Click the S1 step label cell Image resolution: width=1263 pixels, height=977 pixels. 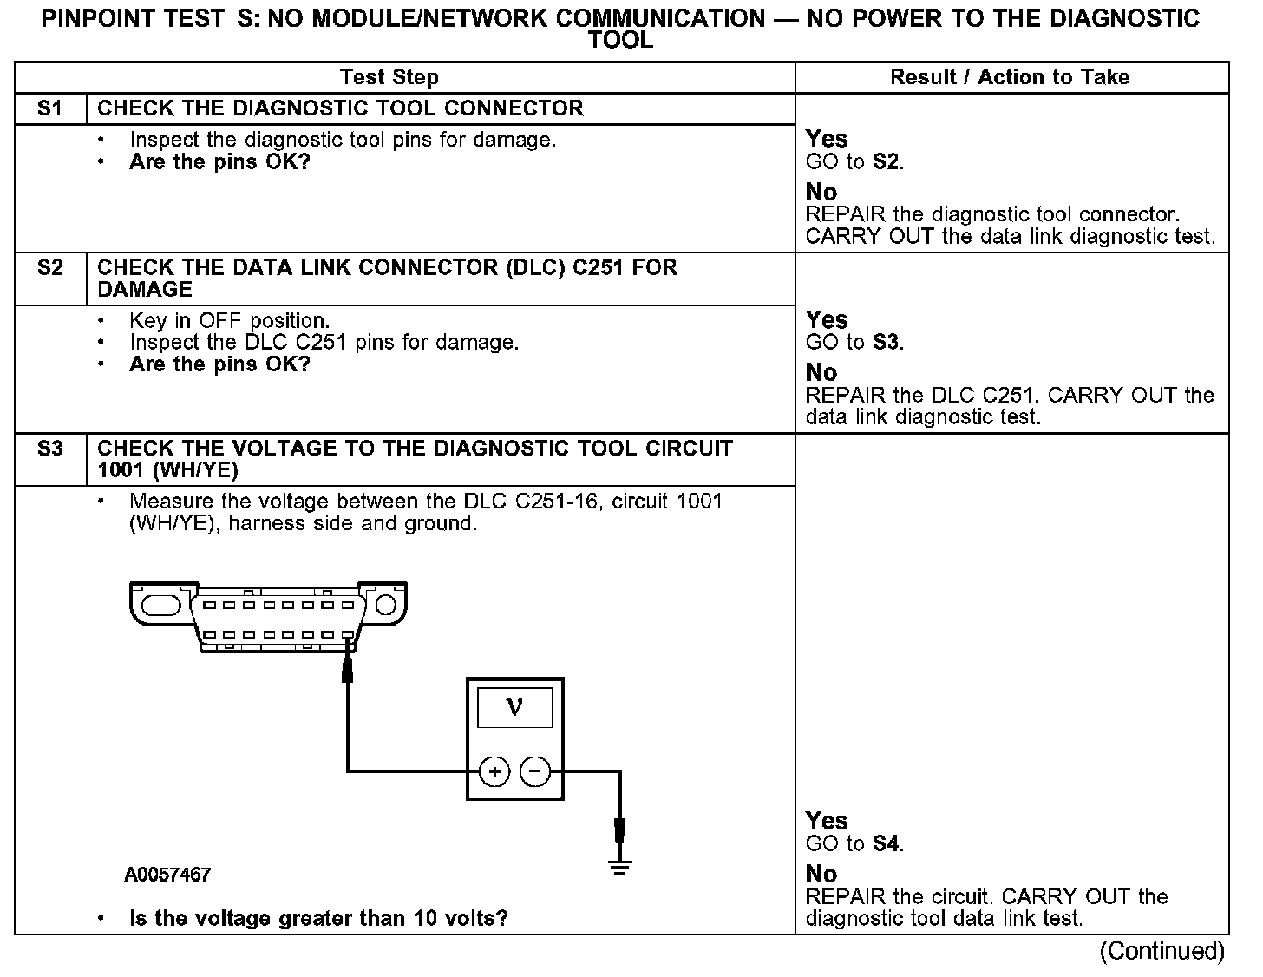coord(50,108)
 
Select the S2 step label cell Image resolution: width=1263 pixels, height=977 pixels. coord(50,268)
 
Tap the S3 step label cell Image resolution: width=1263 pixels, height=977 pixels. coord(50,449)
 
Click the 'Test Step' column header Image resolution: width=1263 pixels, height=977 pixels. coord(389,77)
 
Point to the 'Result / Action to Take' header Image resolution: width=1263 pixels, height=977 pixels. coord(1010,77)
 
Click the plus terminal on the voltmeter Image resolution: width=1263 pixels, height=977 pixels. coord(494,770)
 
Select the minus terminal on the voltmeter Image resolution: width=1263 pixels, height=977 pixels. coord(535,770)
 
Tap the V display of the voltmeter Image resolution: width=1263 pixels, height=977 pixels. coord(514,708)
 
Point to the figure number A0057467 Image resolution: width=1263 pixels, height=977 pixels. coord(167,875)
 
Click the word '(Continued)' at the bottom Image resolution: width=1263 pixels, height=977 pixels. coord(1162,952)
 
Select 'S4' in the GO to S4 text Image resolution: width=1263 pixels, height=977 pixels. coord(886,843)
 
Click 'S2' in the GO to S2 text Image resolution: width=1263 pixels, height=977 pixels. coord(886,161)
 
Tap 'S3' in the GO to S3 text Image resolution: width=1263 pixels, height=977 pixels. coord(886,343)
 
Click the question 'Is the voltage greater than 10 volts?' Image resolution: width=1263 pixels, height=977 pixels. coord(318,919)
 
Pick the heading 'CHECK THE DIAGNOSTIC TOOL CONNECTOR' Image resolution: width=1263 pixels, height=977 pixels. coord(340,108)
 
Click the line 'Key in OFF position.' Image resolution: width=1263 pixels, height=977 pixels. coord(230,321)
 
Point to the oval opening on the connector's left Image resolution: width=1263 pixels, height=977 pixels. coord(160,603)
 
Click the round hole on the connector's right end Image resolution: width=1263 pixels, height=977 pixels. coord(385,603)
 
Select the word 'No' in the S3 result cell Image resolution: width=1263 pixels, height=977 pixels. coord(821,874)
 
